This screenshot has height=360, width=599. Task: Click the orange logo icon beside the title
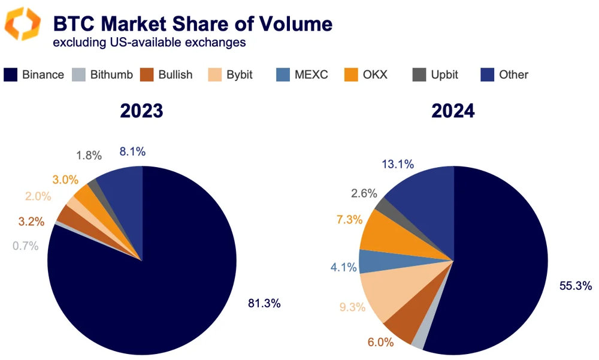pyautogui.click(x=22, y=24)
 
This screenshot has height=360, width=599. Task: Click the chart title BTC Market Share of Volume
pyautogui.click(x=192, y=23)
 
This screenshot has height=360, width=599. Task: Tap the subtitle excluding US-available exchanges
pyautogui.click(x=149, y=43)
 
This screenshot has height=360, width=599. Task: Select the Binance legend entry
pyautogui.click(x=34, y=75)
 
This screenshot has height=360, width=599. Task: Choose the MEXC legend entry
pyautogui.click(x=302, y=75)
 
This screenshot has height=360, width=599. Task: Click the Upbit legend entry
pyautogui.click(x=435, y=75)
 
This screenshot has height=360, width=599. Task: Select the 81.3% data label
pyautogui.click(x=264, y=303)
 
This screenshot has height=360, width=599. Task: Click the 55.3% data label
pyautogui.click(x=575, y=286)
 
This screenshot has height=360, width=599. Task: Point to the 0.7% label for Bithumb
pyautogui.click(x=25, y=246)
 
